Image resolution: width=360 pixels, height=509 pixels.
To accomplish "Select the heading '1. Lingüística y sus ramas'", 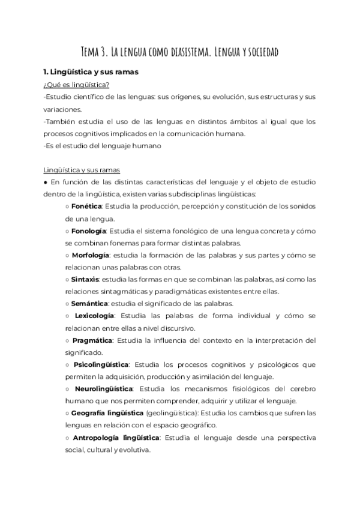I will coord(87,72).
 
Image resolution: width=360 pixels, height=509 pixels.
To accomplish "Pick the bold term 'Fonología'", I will coord(88,230).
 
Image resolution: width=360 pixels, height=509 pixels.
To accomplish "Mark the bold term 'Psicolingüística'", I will coord(101,364).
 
